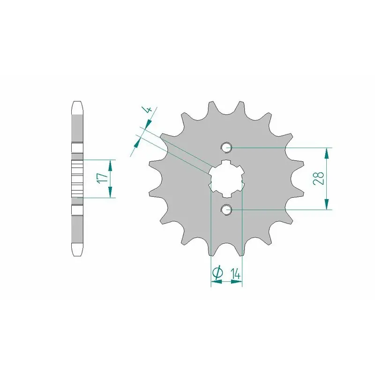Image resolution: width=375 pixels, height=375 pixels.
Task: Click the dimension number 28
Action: tap(318, 179)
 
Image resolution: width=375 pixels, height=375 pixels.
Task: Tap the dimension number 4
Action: tap(148, 110)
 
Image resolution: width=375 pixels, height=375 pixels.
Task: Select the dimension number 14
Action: tap(235, 273)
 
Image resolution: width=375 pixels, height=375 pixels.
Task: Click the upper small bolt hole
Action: tap(226, 148)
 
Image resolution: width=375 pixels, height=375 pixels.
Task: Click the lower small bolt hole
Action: tap(226, 210)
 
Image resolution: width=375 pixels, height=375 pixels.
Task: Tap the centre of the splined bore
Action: tap(226, 179)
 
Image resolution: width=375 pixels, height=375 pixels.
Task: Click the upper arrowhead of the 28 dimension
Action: tap(326, 153)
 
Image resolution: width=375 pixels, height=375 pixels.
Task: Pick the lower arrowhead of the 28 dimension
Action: tap(326, 204)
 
